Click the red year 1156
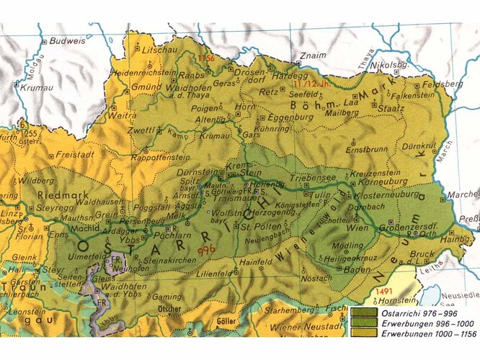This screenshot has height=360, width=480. [x=207, y=57]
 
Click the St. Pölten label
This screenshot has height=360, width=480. [x=255, y=228]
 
